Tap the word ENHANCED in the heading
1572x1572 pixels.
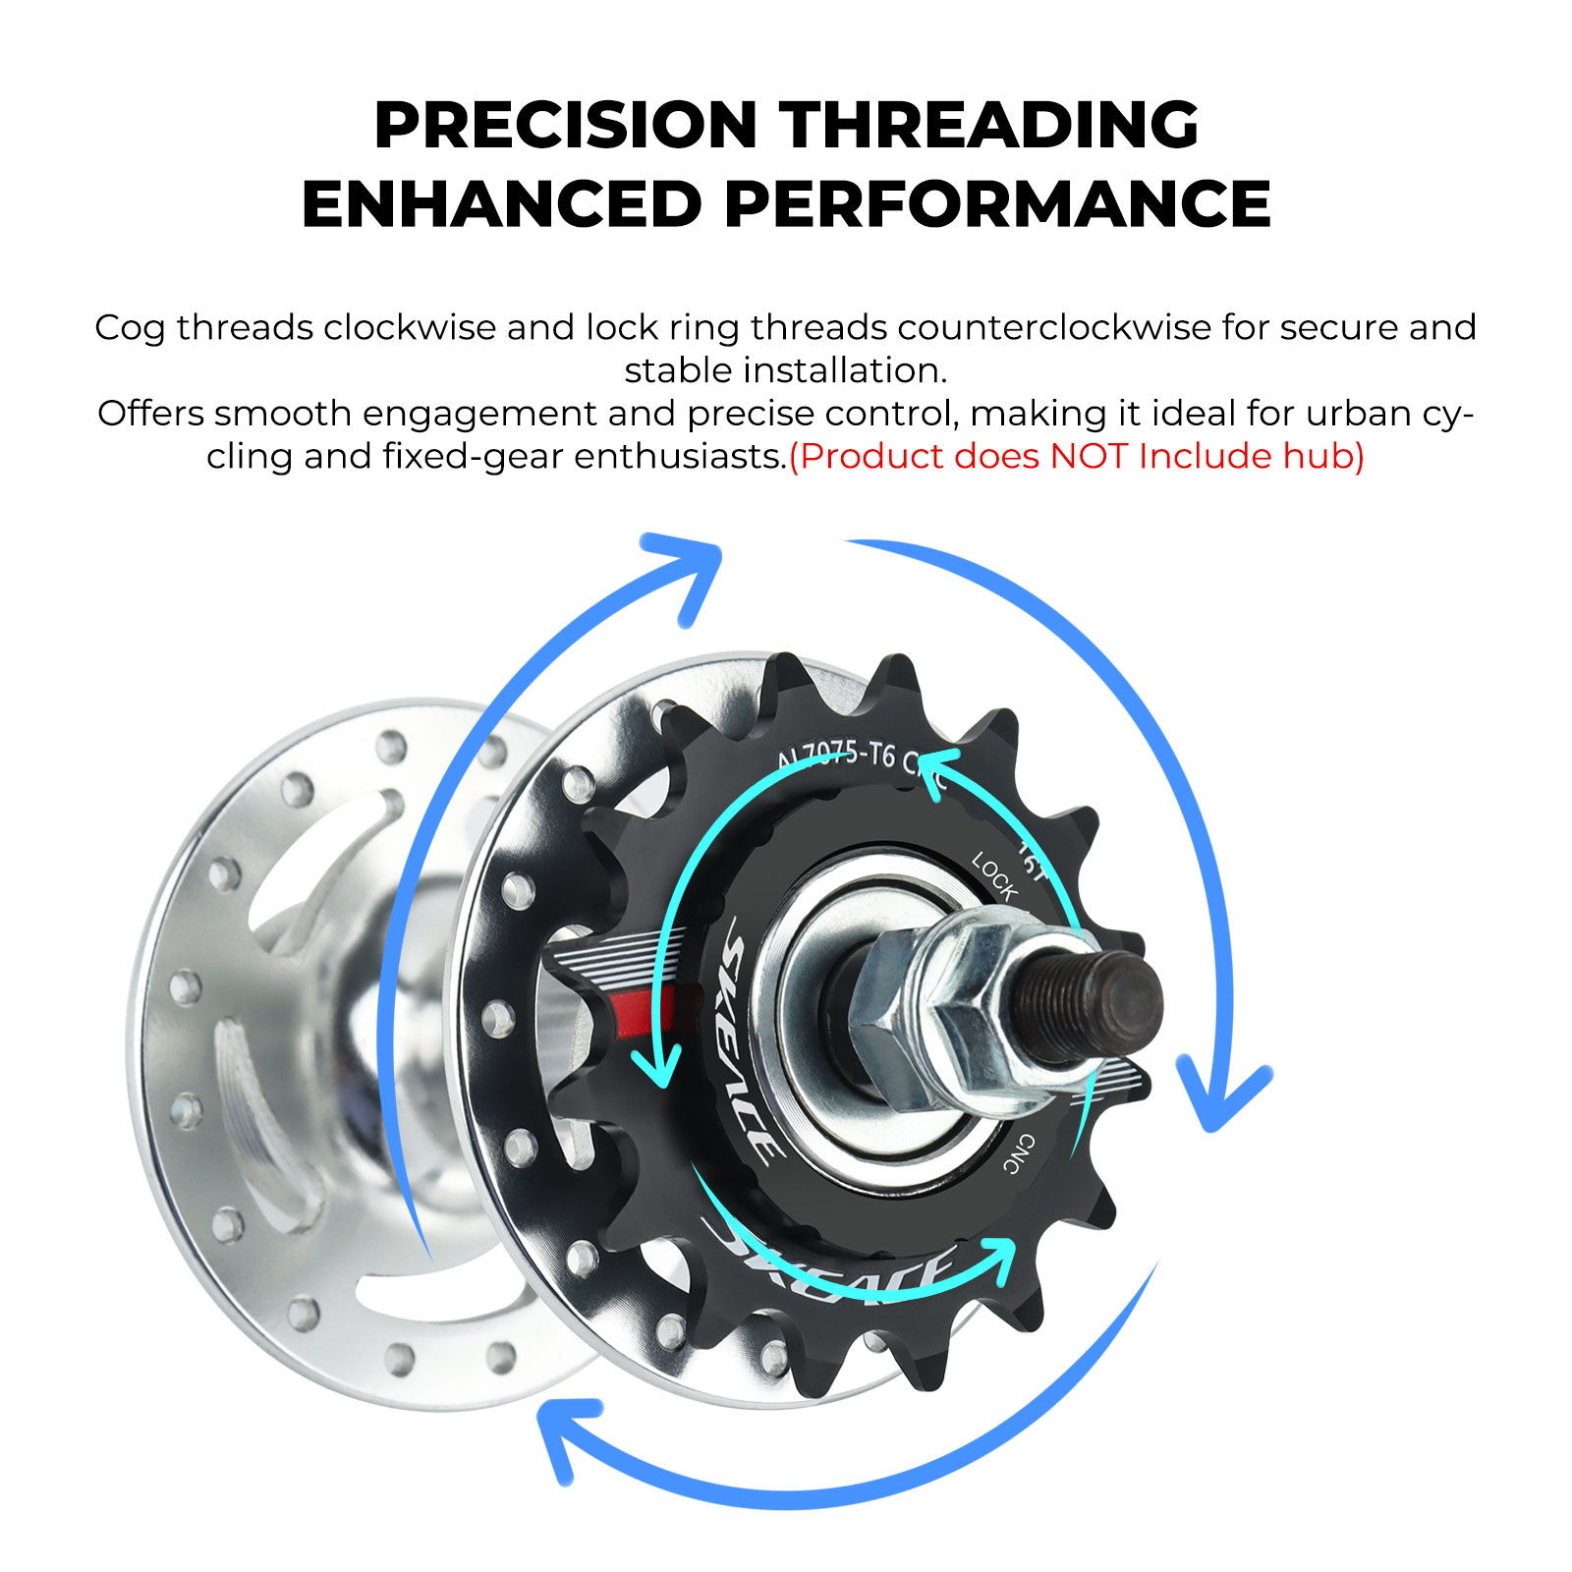[x=501, y=204]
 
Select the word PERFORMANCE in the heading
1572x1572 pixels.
[x=997, y=204]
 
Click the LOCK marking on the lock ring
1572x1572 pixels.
[x=994, y=877]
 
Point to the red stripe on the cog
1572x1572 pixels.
[x=644, y=1011]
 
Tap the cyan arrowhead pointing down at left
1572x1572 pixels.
[x=657, y=1065]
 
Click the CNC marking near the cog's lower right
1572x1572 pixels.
[x=1019, y=1152]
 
